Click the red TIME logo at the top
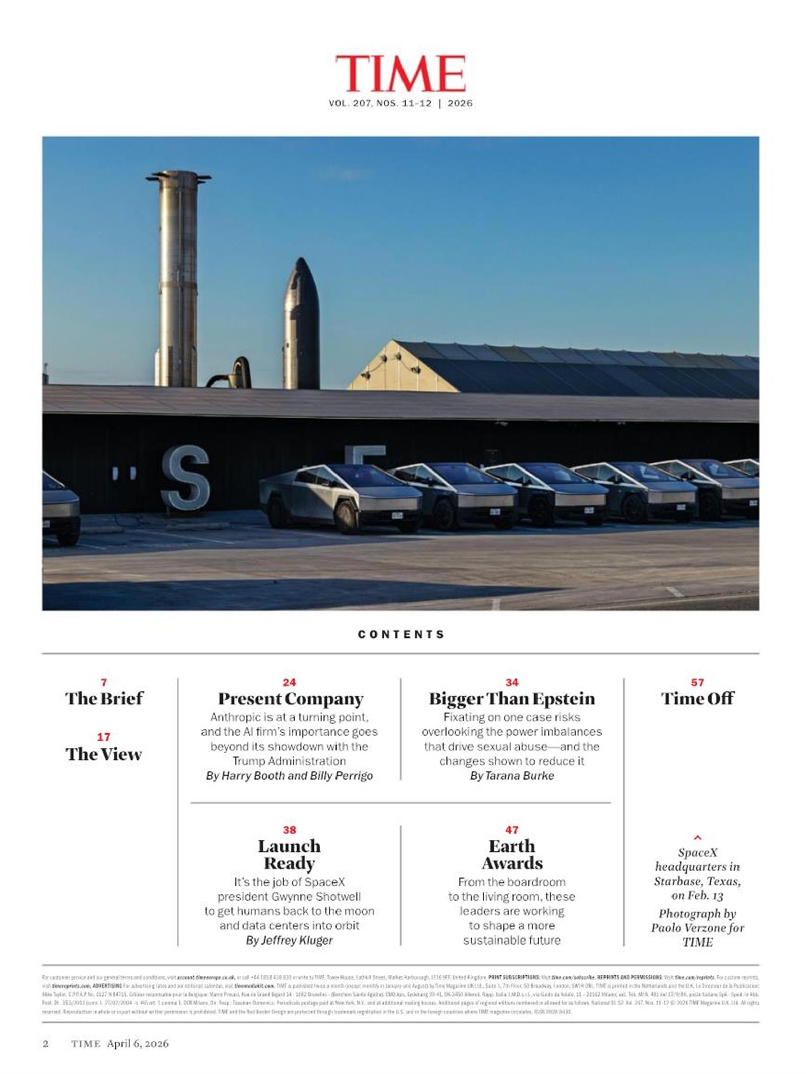coord(400,74)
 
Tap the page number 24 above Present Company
coord(289,682)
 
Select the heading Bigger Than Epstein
coord(512,699)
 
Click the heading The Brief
coord(104,698)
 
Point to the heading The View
coord(104,754)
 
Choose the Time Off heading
coord(697,698)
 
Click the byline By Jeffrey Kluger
coord(289,940)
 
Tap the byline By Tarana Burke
coord(512,776)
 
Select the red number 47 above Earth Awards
coord(512,830)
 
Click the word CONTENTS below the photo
coord(401,634)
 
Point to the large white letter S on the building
coord(185,478)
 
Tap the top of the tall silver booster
coord(178,176)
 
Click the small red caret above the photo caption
coord(697,838)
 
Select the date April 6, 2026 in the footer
coord(138,1043)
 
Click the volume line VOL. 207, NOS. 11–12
coord(380,103)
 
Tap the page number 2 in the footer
coord(46,1043)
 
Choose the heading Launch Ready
coord(289,854)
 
